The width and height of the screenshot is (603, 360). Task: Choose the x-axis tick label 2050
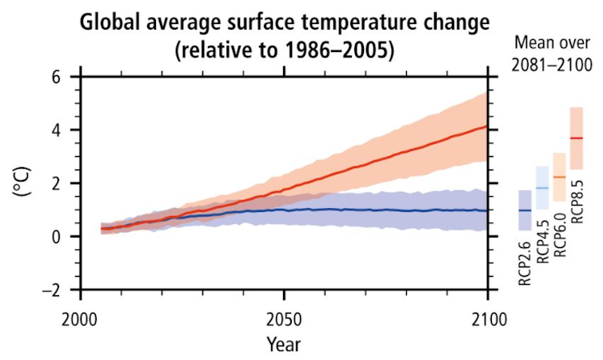[x=284, y=319]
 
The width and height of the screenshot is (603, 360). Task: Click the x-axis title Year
[x=284, y=346]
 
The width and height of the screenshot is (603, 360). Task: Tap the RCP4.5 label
[x=543, y=241]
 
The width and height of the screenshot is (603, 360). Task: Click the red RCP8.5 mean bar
[x=577, y=138]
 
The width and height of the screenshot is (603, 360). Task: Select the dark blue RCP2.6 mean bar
[x=525, y=210]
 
